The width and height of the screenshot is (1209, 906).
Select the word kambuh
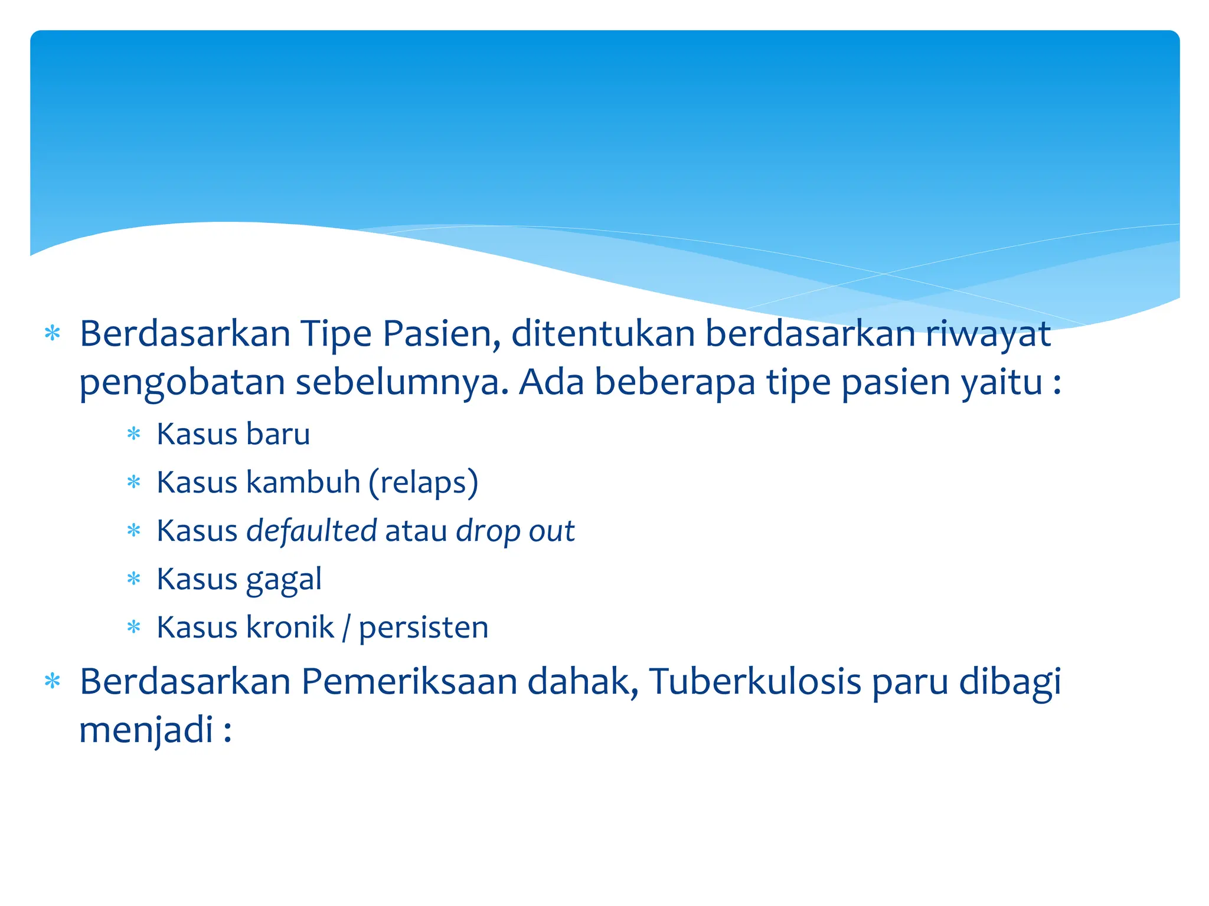(x=303, y=482)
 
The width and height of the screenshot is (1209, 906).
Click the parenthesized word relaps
(x=423, y=483)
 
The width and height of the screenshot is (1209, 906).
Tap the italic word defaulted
(x=312, y=531)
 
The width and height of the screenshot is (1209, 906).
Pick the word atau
(x=416, y=531)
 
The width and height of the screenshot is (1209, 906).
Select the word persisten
(x=423, y=628)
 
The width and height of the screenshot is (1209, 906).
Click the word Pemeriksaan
(x=409, y=682)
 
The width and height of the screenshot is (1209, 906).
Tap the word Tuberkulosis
(x=755, y=682)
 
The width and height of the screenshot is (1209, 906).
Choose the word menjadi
(x=146, y=731)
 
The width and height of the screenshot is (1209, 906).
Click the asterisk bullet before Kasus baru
(x=134, y=435)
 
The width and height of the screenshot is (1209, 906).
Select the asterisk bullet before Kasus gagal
(x=134, y=579)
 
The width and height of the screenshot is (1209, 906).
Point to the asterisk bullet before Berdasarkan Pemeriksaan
(x=53, y=682)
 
